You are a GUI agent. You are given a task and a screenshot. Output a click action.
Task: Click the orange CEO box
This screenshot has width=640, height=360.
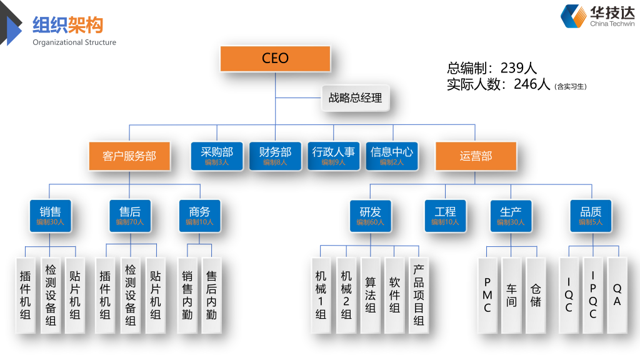[x=275, y=59]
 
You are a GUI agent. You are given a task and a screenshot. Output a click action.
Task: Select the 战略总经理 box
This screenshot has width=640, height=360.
[x=355, y=98]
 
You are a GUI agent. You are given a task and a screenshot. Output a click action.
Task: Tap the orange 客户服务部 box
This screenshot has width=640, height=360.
[x=129, y=156]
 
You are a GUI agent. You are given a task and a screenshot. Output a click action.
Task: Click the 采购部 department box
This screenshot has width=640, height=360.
[x=217, y=156]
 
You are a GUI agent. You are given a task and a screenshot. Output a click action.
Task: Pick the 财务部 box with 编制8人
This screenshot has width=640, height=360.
[x=275, y=156]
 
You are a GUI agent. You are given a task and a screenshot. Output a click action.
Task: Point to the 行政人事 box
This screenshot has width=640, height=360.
[x=333, y=156]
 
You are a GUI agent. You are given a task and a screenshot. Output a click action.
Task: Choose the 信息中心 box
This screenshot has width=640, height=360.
[x=391, y=156]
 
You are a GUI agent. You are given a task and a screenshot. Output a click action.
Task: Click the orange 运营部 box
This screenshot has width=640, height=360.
[x=476, y=156]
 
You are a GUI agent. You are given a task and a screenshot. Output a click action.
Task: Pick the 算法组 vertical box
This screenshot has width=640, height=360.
[x=371, y=294]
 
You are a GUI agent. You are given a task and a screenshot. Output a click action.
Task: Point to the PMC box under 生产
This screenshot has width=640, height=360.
[x=487, y=294]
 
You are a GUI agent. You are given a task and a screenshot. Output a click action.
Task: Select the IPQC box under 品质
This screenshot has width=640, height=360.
[x=593, y=294]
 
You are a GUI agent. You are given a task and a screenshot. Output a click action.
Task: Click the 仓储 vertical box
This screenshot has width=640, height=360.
[x=536, y=294]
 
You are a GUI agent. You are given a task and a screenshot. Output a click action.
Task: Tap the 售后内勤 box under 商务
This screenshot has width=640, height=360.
[x=212, y=294]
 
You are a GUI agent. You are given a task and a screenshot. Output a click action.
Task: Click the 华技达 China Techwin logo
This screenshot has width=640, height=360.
[x=597, y=16]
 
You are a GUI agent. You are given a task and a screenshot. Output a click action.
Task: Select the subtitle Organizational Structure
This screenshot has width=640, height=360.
[x=74, y=42]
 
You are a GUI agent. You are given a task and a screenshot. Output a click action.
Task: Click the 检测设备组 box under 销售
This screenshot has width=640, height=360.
[x=51, y=294]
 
